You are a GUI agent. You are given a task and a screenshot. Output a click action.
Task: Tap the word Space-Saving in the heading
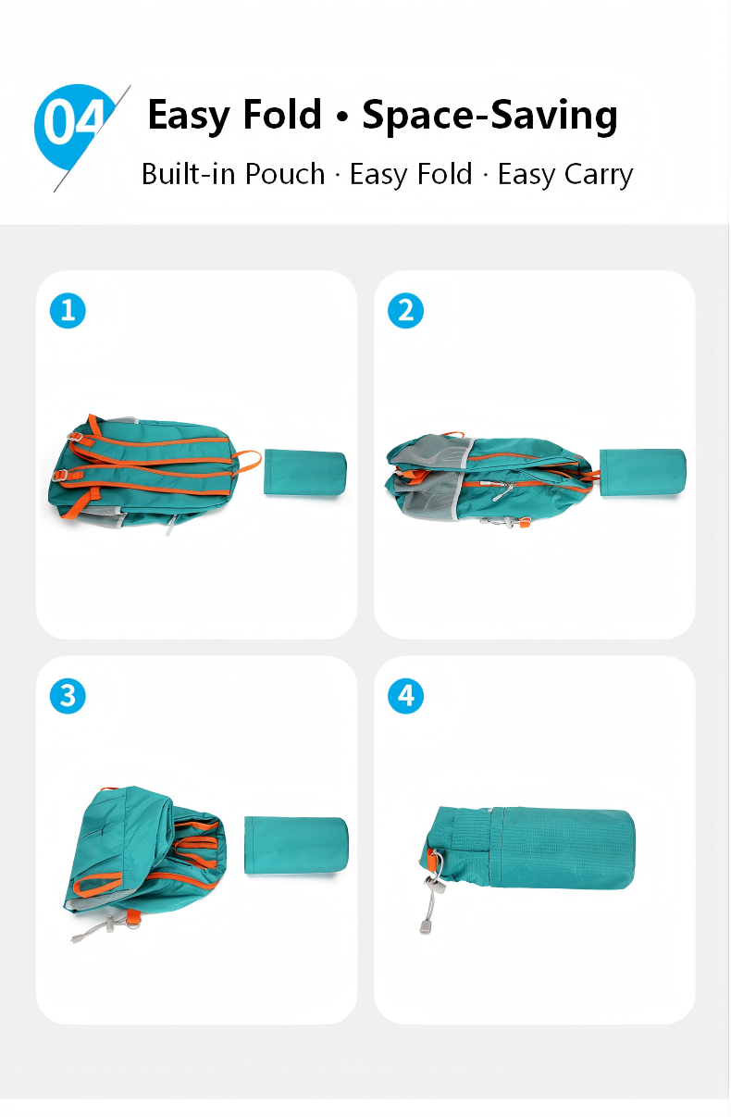click(x=489, y=116)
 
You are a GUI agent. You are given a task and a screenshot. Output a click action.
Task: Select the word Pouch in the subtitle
click(x=285, y=174)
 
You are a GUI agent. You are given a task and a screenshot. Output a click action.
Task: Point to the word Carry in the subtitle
click(x=599, y=176)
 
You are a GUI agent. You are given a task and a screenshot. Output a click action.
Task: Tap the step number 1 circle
click(x=68, y=310)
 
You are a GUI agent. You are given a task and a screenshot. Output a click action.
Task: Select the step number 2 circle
click(x=405, y=310)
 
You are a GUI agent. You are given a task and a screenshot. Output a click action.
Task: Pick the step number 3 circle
click(x=68, y=696)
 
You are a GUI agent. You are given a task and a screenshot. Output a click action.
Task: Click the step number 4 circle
click(x=405, y=696)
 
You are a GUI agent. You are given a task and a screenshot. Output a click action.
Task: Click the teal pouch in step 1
click(x=304, y=473)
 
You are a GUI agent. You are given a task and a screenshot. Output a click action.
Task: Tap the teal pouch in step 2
click(x=642, y=473)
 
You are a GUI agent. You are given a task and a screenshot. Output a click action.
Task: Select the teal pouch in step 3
click(x=296, y=845)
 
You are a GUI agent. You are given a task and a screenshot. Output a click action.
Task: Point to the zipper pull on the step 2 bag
click(x=502, y=491)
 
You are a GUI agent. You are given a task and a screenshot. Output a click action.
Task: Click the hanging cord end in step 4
click(x=425, y=927)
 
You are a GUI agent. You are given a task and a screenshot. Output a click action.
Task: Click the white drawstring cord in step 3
click(x=98, y=928)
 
